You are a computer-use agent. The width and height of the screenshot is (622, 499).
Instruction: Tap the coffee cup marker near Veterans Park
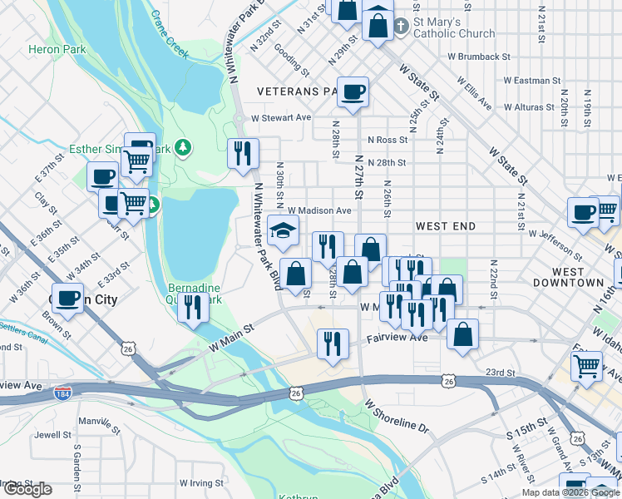[353, 91]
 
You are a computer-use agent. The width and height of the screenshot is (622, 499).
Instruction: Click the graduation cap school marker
[283, 230]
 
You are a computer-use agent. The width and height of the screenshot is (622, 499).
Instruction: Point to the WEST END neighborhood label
[446, 226]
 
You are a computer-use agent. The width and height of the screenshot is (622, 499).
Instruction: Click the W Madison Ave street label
[320, 211]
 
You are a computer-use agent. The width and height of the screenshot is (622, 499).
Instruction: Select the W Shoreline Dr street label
[396, 414]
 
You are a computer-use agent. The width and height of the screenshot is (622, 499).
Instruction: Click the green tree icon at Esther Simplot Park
[183, 149]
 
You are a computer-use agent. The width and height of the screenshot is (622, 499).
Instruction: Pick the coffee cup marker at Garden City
[67, 298]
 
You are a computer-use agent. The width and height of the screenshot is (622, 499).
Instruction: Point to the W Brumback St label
[478, 57]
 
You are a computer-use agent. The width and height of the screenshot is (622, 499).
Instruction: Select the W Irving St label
[201, 482]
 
